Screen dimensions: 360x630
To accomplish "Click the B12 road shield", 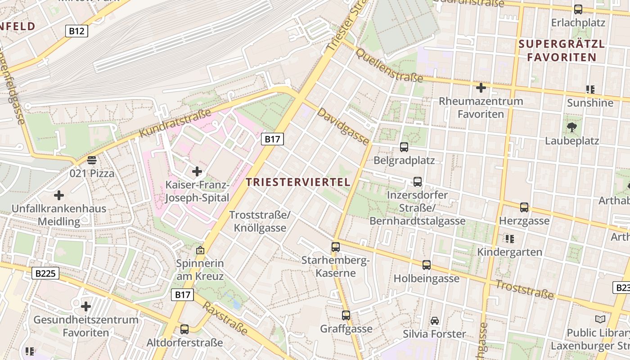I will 76,31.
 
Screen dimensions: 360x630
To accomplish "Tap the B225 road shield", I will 46,273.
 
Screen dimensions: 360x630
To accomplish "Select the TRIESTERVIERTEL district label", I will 298,182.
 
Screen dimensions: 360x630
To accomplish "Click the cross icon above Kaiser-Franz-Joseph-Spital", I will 197,171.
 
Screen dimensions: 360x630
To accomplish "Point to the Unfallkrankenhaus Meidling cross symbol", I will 58,195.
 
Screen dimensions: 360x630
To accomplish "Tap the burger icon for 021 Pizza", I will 92,160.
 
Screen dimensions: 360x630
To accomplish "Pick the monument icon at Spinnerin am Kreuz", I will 200,250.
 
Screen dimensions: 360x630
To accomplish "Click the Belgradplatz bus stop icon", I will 404,147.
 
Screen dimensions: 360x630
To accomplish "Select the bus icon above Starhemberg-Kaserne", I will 336,247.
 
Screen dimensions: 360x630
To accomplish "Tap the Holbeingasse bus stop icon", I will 427,265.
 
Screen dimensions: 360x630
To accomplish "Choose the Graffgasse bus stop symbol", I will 346,315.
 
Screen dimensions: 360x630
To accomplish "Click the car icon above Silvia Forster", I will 435,321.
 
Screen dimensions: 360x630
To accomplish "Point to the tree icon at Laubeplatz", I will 572,127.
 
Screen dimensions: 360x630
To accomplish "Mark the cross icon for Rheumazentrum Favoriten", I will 481,87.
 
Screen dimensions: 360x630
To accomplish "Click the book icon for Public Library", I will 600,319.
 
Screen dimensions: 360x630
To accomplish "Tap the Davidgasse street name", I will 343,126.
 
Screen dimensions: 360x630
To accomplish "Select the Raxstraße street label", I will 225,319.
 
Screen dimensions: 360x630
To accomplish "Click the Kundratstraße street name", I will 175,123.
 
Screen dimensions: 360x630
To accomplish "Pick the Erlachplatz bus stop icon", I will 578,9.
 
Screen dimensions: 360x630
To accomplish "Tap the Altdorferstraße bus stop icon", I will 184,329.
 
